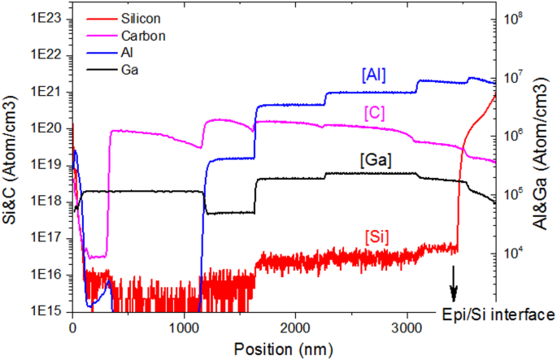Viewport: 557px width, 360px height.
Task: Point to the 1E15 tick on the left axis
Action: [49, 311]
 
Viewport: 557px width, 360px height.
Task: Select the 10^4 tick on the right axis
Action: [516, 253]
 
